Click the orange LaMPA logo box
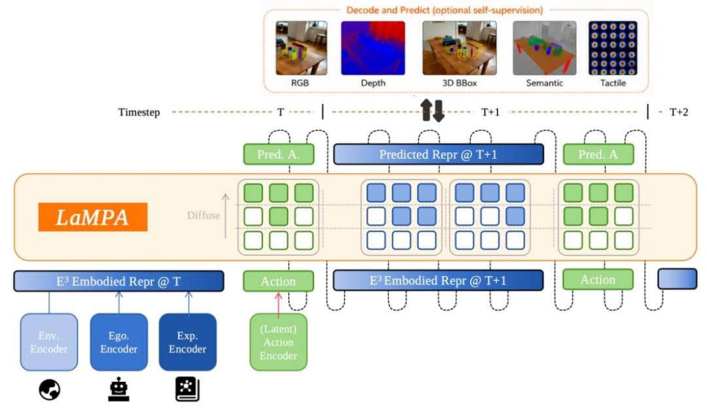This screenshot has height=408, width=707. (x=93, y=217)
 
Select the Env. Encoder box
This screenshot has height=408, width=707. (x=48, y=342)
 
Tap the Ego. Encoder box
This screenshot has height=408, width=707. (x=118, y=342)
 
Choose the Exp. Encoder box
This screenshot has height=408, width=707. (x=188, y=342)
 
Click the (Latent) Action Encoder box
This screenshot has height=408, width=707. (x=279, y=342)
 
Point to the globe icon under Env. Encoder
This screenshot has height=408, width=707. (x=50, y=390)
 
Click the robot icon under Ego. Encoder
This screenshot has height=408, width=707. (x=119, y=388)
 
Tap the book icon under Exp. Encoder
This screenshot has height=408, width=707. (x=188, y=389)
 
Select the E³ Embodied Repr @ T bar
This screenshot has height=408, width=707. (x=118, y=281)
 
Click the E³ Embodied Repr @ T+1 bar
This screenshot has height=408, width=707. (x=438, y=280)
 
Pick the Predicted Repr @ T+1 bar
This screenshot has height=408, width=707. (x=438, y=154)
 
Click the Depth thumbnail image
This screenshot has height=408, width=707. (x=373, y=48)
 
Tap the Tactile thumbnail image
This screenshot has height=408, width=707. (x=613, y=48)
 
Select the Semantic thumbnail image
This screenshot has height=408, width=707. (x=544, y=48)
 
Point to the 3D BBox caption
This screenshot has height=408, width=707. (x=460, y=83)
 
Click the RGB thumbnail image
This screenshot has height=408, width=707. (x=301, y=48)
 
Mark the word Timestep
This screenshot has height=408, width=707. (x=139, y=112)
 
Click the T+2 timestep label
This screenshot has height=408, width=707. (x=679, y=112)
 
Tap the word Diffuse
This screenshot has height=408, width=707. (x=204, y=215)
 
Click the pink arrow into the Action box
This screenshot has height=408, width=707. (x=279, y=303)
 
